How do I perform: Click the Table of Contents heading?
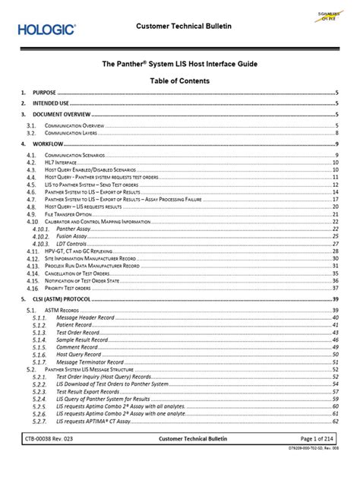click(x=180, y=81)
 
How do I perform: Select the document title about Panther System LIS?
click(x=180, y=66)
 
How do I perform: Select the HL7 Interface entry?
click(x=63, y=163)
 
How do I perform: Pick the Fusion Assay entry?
click(x=73, y=236)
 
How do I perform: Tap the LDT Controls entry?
click(x=73, y=244)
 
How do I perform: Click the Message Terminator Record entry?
click(x=96, y=362)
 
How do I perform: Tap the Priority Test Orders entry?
click(x=68, y=289)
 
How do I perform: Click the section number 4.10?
click(x=31, y=222)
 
